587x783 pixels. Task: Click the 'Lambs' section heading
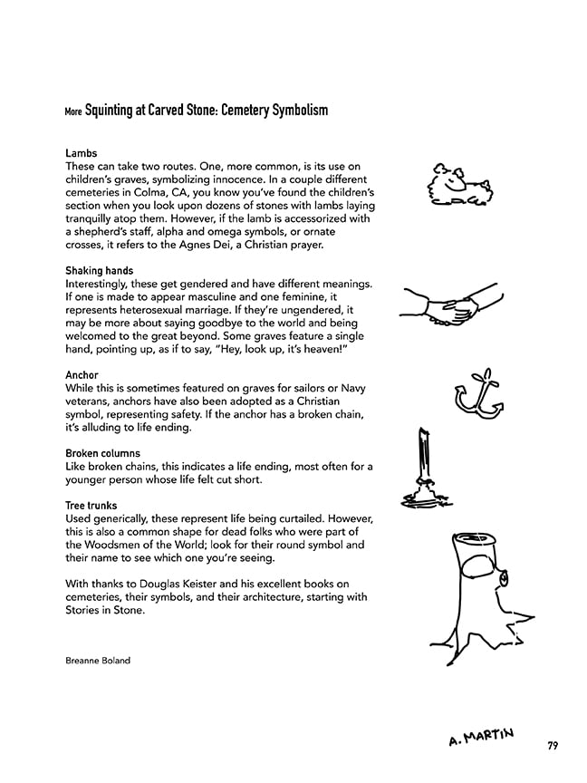coord(81,154)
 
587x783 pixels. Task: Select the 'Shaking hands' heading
coord(99,271)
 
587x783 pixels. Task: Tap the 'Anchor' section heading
coord(82,375)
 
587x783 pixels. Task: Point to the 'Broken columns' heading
coord(102,453)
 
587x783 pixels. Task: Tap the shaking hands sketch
coord(450,307)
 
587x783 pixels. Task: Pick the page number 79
coord(552,746)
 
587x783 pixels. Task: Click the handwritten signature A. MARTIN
coord(481,737)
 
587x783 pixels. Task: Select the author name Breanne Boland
coord(98,661)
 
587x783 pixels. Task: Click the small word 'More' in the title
coord(73,112)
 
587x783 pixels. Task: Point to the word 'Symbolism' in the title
coord(296,111)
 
